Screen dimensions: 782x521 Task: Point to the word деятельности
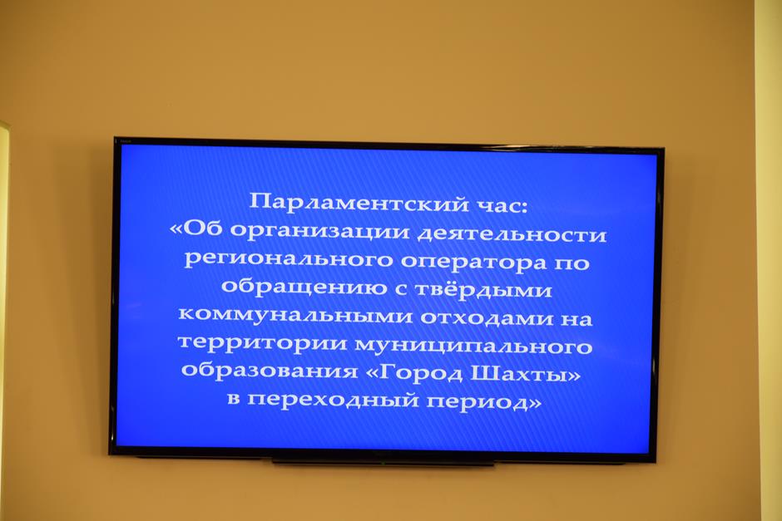click(x=512, y=234)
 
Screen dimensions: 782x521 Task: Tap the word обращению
click(x=304, y=287)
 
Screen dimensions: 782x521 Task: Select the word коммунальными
click(x=295, y=316)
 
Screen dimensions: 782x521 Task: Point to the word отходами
click(x=487, y=317)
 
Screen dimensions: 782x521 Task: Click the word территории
click(x=262, y=343)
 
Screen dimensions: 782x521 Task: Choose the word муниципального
click(x=473, y=345)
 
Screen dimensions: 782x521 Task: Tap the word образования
click(x=270, y=371)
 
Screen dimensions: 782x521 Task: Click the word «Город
click(x=414, y=372)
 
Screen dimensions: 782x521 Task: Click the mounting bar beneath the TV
click(x=383, y=463)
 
